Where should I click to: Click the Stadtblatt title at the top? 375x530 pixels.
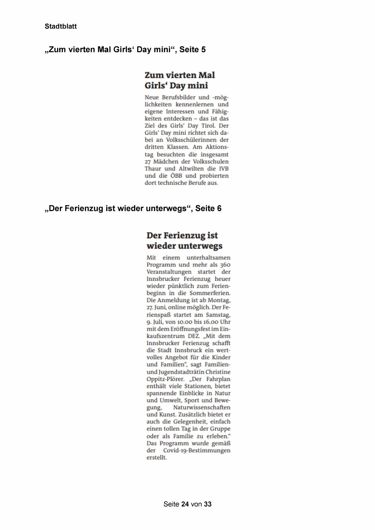tap(61, 27)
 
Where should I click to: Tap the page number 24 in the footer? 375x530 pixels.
tap(185, 504)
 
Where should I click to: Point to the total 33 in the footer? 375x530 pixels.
tap(208, 504)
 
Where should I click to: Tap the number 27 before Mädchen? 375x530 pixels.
tap(148, 162)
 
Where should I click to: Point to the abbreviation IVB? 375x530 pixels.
tap(224, 169)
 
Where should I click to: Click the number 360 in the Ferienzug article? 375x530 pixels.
tap(225, 265)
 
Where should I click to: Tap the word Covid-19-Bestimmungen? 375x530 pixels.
tap(197, 451)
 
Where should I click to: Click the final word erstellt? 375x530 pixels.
tap(157, 458)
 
